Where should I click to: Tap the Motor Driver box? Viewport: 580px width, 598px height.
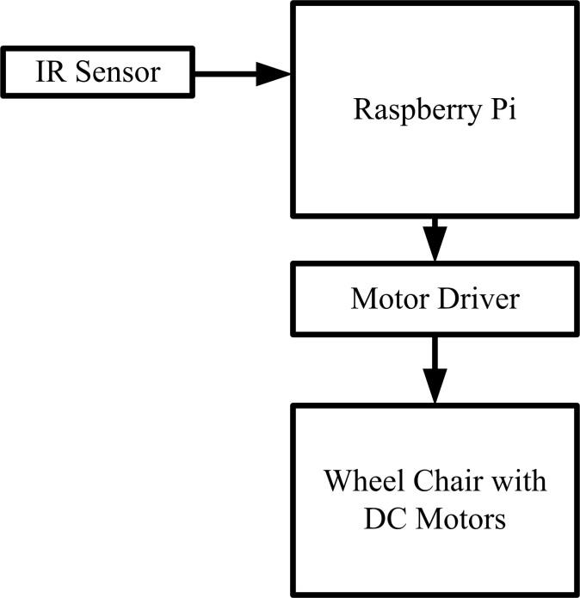pyautogui.click(x=435, y=299)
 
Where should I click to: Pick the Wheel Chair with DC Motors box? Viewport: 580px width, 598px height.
pyautogui.click(x=435, y=499)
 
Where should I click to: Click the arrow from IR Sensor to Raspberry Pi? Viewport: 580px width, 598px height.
pyautogui.click(x=242, y=73)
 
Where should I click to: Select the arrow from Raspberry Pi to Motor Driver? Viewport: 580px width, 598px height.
pyautogui.click(x=435, y=239)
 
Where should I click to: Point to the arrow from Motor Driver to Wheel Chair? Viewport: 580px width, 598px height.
pyautogui.click(x=435, y=369)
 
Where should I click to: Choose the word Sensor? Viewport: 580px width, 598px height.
pyautogui.click(x=117, y=72)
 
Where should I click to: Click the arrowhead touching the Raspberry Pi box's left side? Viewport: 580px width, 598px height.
pyautogui.click(x=275, y=73)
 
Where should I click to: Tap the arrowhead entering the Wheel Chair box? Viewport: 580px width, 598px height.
pyautogui.click(x=435, y=388)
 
